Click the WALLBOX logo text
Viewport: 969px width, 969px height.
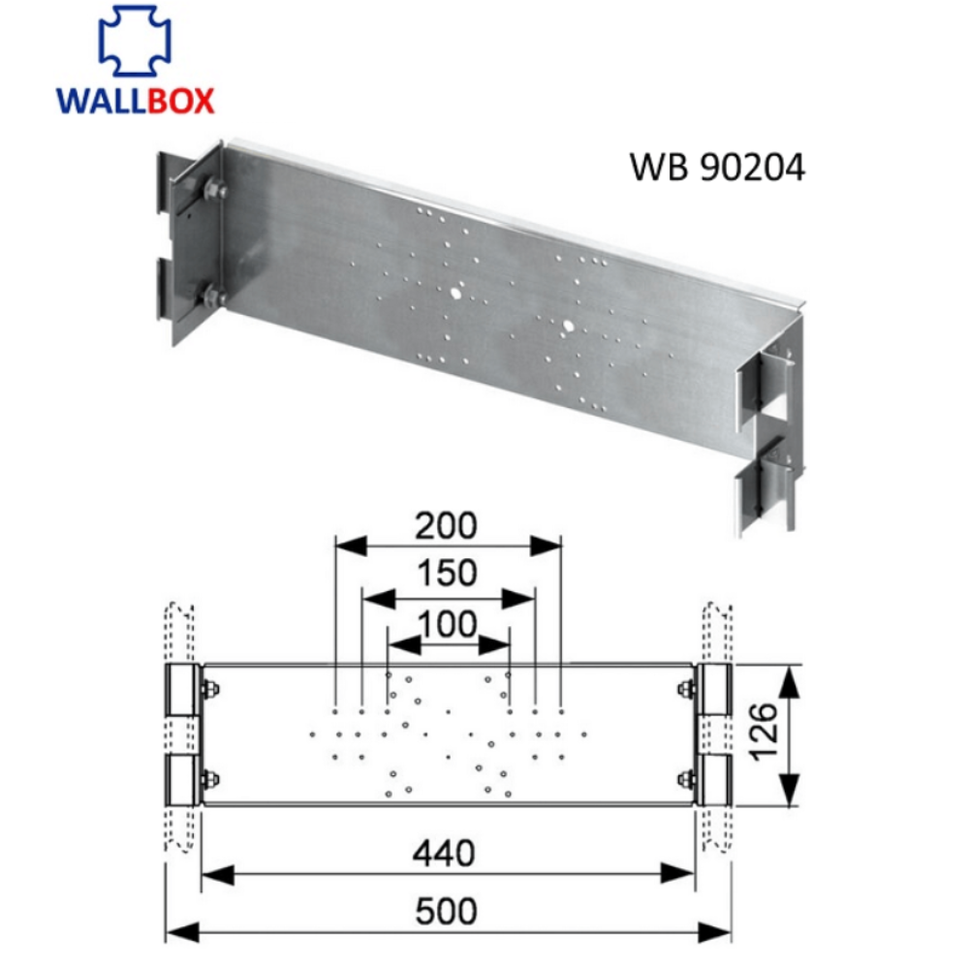135,100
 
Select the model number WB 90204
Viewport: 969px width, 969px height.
717,168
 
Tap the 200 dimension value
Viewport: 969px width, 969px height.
447,525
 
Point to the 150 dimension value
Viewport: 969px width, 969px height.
447,574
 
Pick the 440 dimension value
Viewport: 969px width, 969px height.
447,854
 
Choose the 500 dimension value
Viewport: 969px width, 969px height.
447,911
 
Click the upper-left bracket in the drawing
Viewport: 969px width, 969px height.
182,690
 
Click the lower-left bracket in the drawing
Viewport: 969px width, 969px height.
182,780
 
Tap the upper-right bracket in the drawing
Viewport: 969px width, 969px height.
714,690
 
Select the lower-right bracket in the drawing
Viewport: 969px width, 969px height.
714,780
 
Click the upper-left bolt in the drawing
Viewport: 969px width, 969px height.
209,690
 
